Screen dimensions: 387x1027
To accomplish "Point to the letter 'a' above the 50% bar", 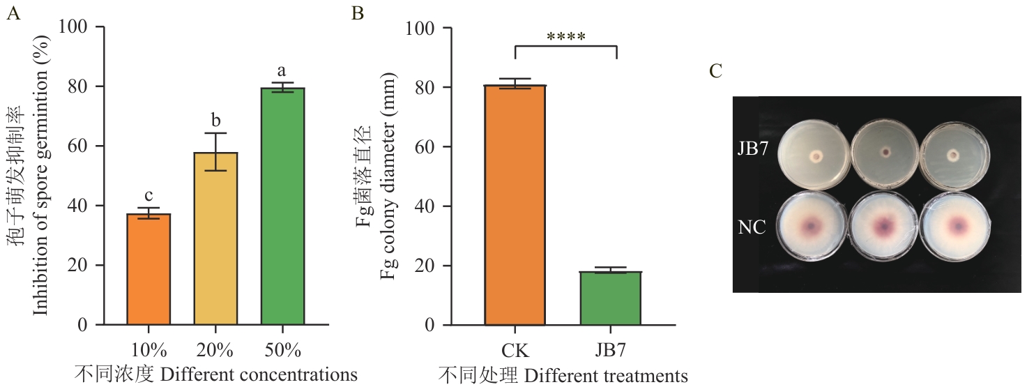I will tap(282, 71).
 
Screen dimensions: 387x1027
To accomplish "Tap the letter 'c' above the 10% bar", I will tap(149, 193).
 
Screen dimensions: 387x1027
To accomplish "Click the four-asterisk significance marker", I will tap(566, 37).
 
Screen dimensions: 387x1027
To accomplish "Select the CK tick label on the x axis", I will tap(515, 349).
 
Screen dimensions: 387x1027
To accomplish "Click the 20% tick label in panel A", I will tap(215, 349).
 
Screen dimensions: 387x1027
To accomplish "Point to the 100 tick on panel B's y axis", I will tap(427, 28).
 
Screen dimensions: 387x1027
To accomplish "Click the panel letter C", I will tap(715, 71).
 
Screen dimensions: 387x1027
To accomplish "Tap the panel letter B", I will tap(357, 13).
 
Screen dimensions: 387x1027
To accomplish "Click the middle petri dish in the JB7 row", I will tap(885, 152).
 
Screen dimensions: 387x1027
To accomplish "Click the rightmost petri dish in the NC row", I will tap(956, 227).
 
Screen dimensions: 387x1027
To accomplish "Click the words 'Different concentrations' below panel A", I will tap(259, 374).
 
